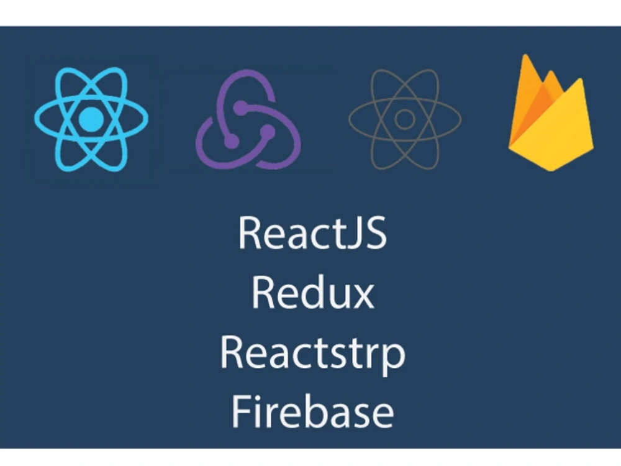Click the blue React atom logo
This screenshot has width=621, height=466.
[91, 119]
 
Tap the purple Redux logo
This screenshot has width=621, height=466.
[248, 119]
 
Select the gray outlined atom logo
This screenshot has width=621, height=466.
[405, 119]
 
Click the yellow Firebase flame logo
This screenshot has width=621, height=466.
[551, 112]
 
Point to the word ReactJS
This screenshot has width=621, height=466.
[312, 233]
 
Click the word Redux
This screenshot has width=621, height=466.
[313, 293]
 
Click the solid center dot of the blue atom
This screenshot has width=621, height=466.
[91, 119]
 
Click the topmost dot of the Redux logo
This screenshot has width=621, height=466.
[241, 107]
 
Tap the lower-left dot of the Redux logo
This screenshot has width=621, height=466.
[232, 141]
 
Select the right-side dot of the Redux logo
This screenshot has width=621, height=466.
[268, 132]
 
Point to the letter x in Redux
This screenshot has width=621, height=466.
[363, 296]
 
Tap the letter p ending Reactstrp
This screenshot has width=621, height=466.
[394, 359]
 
